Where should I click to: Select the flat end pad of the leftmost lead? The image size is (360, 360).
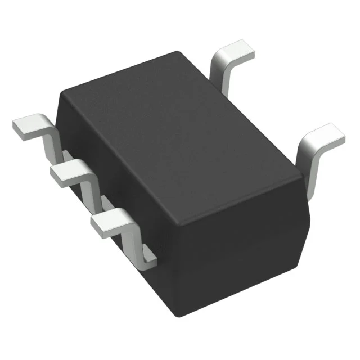pyautogui.click(x=29, y=126)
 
